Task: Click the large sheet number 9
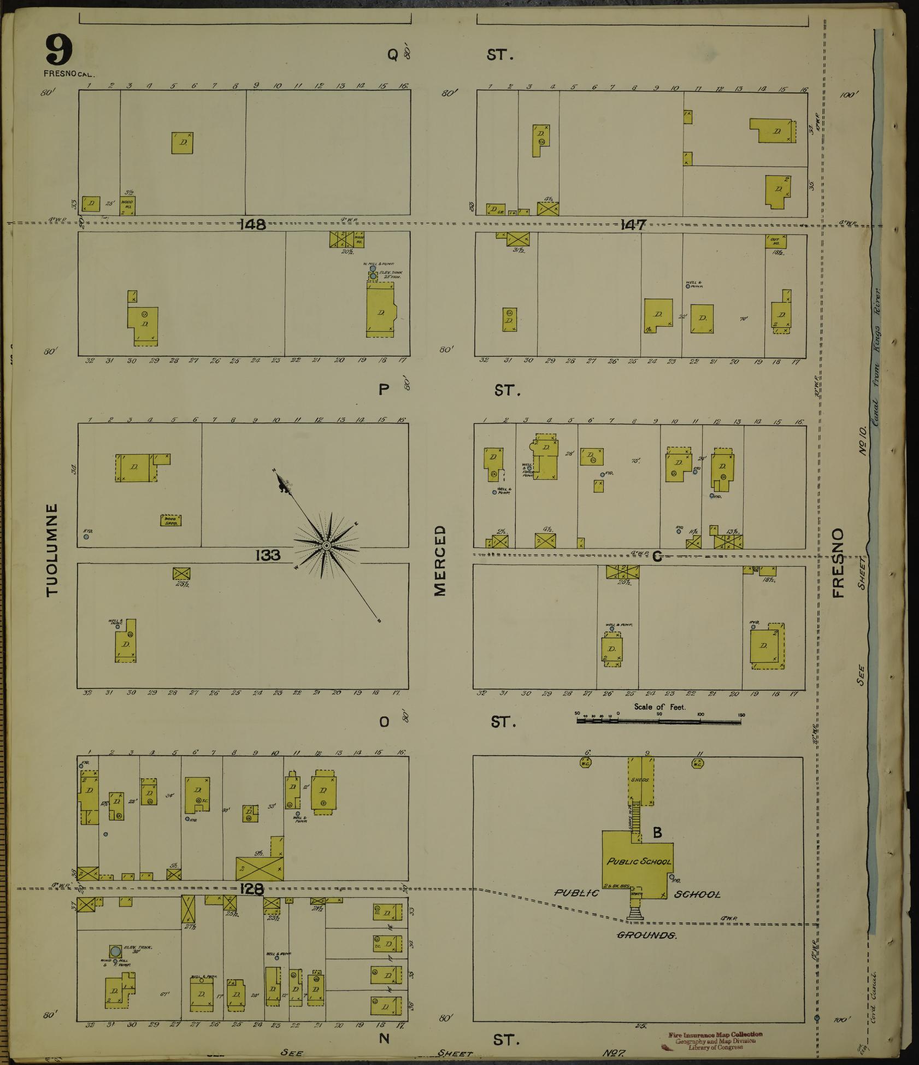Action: point(59,50)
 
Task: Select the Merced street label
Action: point(440,561)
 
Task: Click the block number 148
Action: point(252,225)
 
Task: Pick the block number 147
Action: point(633,225)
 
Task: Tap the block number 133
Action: point(267,555)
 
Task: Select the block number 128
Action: point(251,889)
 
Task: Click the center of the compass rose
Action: point(326,545)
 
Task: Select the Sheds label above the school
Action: point(640,780)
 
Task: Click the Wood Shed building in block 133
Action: point(171,520)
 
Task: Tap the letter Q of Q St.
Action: point(392,55)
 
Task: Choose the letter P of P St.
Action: point(384,389)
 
